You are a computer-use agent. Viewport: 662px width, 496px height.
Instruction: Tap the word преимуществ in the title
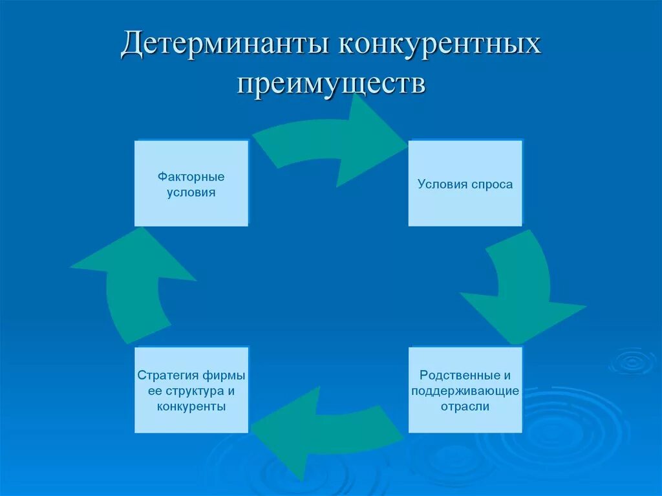coord(330,84)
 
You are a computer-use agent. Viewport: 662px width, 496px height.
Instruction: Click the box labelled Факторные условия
coord(191,184)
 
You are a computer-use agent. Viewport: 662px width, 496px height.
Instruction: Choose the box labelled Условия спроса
coord(465,184)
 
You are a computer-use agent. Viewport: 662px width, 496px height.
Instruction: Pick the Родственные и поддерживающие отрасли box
coord(465,390)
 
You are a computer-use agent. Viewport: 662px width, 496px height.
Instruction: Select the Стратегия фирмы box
coord(191,390)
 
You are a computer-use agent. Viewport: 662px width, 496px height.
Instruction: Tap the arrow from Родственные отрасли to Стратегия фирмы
coord(323,430)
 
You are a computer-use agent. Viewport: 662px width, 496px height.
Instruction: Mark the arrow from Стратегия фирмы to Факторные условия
coord(136,285)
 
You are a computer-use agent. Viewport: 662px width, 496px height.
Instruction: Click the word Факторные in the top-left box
coord(191,177)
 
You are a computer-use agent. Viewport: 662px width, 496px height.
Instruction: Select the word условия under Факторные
coord(191,192)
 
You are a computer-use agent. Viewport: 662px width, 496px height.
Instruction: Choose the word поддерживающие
coord(465,391)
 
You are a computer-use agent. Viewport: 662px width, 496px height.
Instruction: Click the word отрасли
coord(465,407)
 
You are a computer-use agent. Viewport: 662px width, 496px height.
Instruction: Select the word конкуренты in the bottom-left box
coord(191,407)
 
